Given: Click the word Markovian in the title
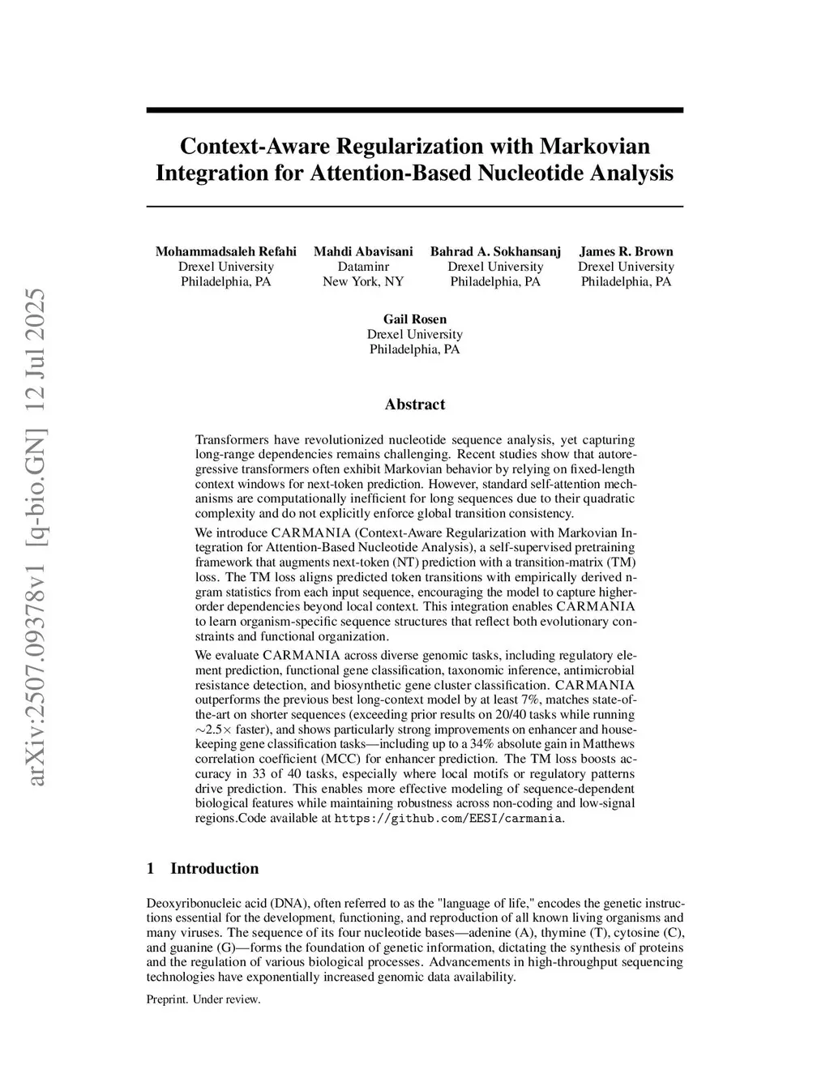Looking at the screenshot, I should tap(594, 147).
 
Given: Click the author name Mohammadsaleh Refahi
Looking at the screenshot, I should tap(226, 251).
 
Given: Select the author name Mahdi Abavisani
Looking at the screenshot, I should tap(363, 251).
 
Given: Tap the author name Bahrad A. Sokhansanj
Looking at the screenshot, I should tap(495, 251).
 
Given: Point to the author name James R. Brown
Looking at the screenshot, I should tap(626, 251).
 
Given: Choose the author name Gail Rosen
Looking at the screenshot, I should tap(414, 319).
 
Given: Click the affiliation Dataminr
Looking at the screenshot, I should tap(363, 267).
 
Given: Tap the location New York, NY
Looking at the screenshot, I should tap(363, 281).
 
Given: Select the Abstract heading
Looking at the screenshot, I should tap(414, 404).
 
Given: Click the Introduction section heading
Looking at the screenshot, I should tap(214, 869).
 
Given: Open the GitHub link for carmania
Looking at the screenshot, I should tap(449, 819).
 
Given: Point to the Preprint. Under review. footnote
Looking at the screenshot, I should tap(203, 999).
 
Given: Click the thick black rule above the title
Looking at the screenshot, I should tap(414, 110).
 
